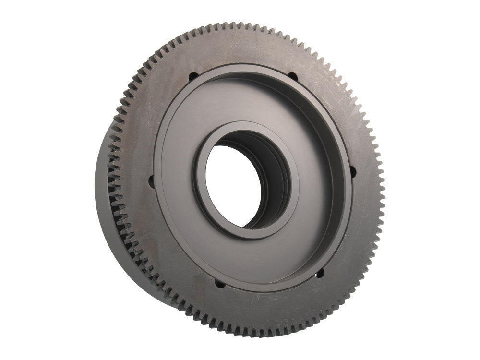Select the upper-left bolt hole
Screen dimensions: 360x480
[192, 76]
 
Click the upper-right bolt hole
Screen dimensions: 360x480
[291, 75]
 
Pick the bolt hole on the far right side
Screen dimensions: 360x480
[353, 170]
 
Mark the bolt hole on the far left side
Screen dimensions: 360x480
[151, 181]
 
